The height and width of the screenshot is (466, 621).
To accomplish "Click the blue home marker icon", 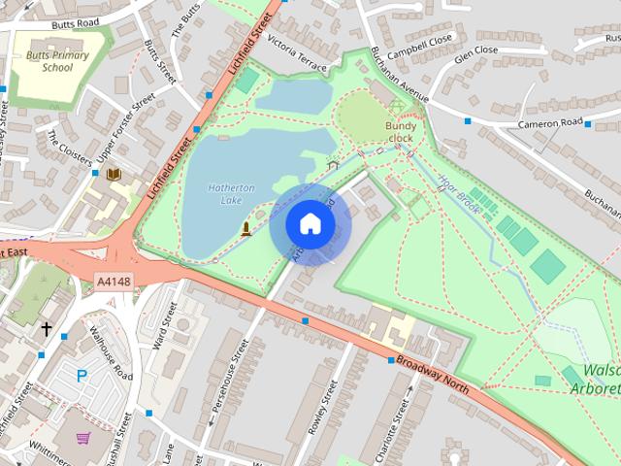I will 310,224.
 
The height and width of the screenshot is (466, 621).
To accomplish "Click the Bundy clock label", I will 400,132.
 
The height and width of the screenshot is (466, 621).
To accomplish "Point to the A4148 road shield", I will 114,282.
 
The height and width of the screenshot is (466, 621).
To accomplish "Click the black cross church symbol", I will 46,330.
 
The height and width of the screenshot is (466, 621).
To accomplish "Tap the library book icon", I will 114,175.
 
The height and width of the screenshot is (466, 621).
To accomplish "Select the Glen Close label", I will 477,50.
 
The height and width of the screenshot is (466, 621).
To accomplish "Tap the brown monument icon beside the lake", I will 245,229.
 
